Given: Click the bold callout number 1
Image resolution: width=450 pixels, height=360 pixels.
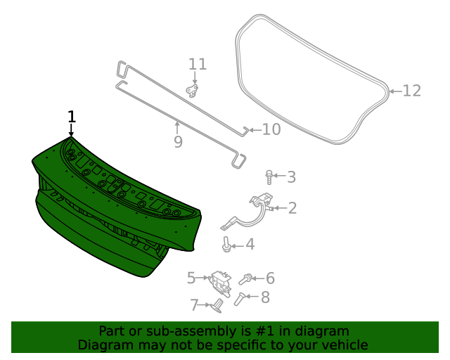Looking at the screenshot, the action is (72, 117).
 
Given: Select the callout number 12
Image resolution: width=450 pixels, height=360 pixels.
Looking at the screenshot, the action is (412, 91).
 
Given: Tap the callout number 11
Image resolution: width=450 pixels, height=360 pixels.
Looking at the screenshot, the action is (198, 64).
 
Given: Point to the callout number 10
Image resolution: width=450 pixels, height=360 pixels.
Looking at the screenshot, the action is (271, 129).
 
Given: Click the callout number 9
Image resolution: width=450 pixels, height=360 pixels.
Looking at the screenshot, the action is (178, 141).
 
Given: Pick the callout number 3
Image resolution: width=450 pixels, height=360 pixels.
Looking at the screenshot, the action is (291, 177).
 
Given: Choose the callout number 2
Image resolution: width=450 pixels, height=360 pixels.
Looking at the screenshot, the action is (292, 208).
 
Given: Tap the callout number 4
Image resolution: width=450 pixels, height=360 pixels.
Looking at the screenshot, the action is (250, 244).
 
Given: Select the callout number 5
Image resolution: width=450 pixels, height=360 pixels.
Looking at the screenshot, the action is (191, 278).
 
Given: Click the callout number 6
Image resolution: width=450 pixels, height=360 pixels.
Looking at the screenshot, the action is (270, 278).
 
